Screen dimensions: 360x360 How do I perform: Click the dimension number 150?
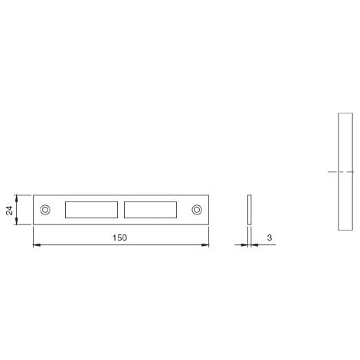pos(119,237)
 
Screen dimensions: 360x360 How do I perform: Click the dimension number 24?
pos(9,210)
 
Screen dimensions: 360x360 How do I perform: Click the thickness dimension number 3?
pos(270,237)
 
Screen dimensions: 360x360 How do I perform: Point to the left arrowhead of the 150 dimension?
pos(37,245)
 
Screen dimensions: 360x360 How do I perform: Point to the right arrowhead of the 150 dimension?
pos(205,245)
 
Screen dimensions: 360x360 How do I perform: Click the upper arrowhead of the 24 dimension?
pos(17,198)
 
